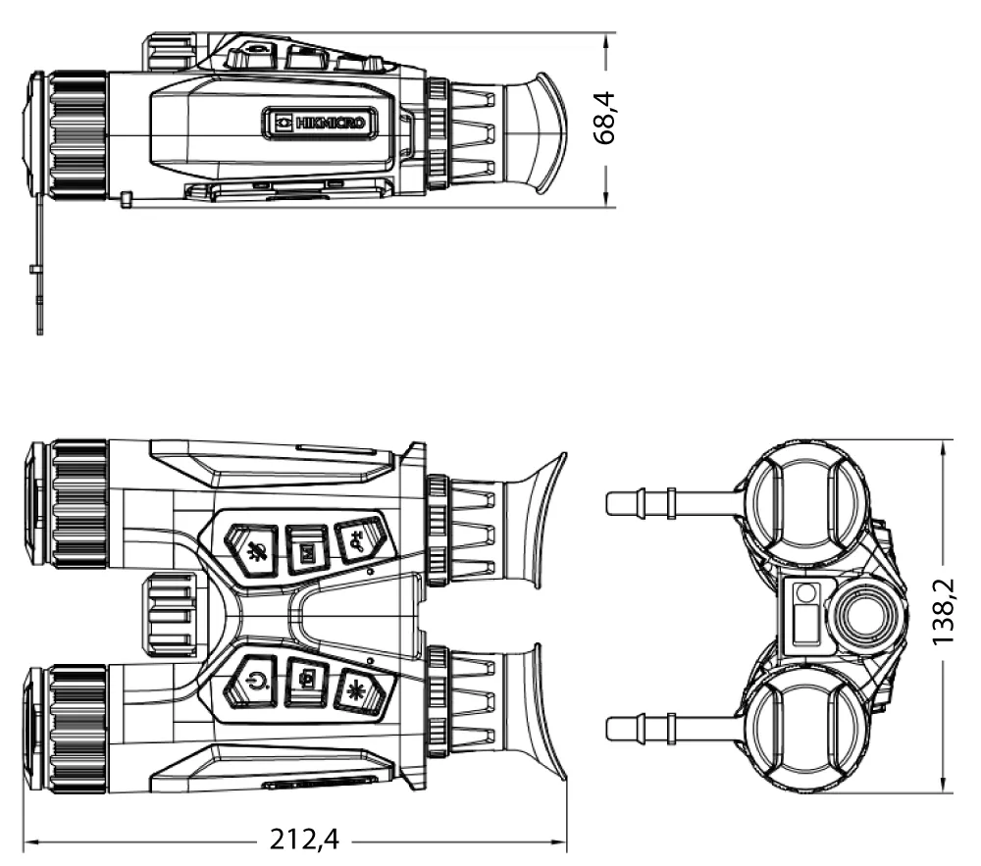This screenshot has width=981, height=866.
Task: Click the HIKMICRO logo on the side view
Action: coord(322,122)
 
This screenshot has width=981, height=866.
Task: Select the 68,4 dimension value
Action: coord(605,119)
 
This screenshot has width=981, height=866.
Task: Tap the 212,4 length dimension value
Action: coord(304,840)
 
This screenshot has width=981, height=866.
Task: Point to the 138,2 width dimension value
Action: coord(944,612)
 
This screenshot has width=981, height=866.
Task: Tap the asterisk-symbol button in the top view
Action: coord(359,689)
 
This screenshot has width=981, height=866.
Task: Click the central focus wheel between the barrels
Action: coord(170,616)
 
